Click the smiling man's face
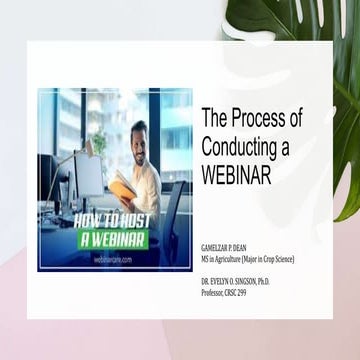point(140,138)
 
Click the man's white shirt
point(149,180)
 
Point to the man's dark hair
point(141,125)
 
